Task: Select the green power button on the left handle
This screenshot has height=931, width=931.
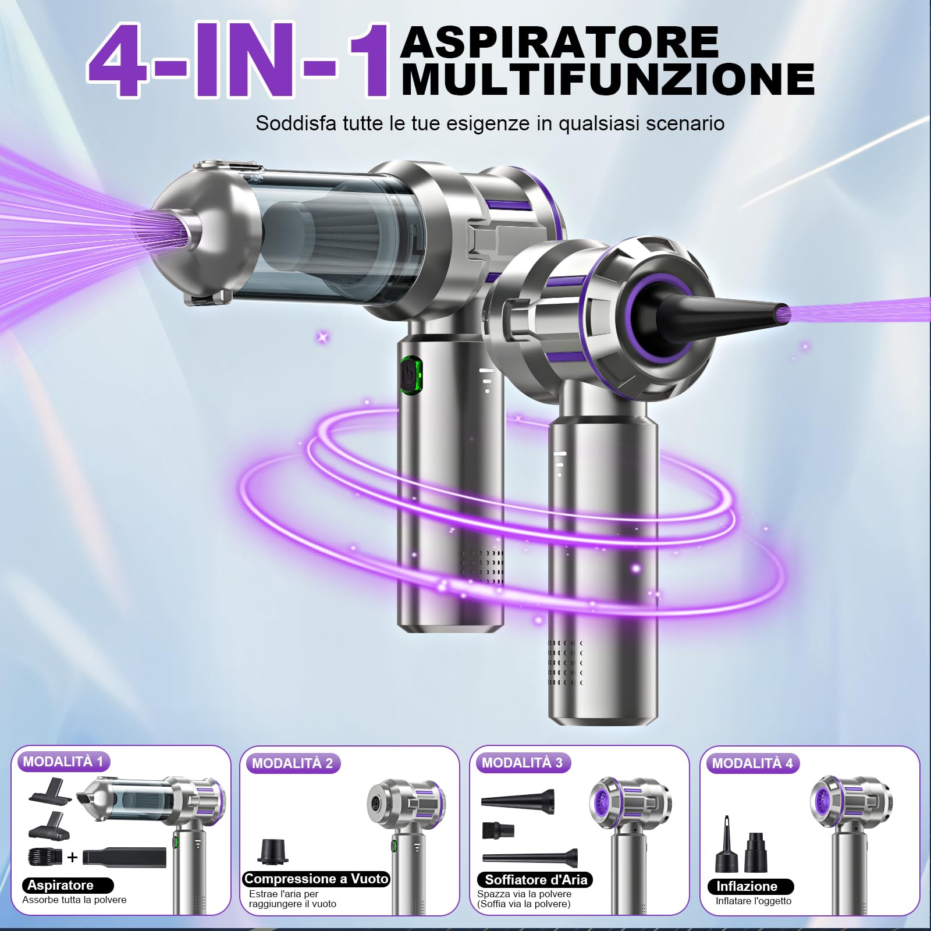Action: click(410, 376)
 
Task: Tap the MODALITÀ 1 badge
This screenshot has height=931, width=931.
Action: click(63, 762)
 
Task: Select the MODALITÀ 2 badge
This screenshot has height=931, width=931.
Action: click(292, 763)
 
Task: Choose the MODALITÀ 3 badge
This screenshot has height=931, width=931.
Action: click(522, 763)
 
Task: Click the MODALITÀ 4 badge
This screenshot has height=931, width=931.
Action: click(752, 763)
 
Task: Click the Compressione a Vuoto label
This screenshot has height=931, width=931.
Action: click(316, 879)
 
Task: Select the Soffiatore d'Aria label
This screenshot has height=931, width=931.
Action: click(535, 880)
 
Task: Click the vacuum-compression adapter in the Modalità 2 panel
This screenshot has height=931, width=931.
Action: click(272, 851)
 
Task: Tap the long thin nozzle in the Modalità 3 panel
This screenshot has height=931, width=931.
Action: click(530, 857)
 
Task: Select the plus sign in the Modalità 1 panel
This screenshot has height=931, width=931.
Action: click(72, 857)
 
